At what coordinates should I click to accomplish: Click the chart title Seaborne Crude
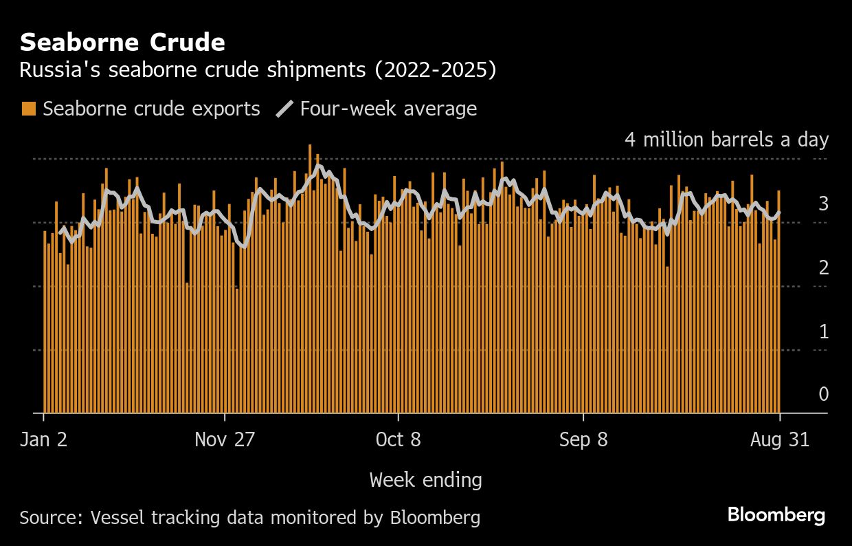pos(122,43)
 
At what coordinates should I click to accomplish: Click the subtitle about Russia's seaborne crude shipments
pos(258,70)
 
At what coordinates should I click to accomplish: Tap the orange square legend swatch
pos(28,109)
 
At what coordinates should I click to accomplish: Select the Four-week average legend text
pos(388,109)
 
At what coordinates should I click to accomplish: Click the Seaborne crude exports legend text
pos(151,109)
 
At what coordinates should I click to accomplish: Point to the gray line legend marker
pos(285,109)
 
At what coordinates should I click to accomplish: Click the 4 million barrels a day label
pos(726,140)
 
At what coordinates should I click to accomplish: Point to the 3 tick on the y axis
pos(823,204)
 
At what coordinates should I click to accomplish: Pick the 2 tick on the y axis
pos(823,268)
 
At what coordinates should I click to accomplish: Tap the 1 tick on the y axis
pos(823,332)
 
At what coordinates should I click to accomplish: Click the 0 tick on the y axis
pos(823,394)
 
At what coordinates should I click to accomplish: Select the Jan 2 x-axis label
pos(44,440)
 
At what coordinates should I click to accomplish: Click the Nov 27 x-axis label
pos(225,440)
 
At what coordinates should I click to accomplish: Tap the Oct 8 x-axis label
pos(399,440)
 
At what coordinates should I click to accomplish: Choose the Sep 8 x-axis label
pos(583,440)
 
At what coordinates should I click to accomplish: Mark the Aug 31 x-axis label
pos(780,440)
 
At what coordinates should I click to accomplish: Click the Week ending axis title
pos(425,479)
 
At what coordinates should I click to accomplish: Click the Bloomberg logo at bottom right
pos(776,515)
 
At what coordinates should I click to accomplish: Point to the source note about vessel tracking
pos(249,517)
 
